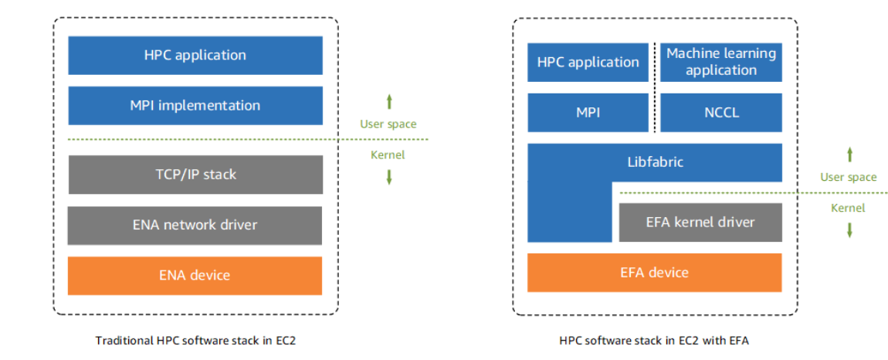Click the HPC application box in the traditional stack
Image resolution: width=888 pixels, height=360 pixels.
click(x=195, y=56)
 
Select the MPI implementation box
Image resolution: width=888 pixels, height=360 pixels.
click(x=195, y=106)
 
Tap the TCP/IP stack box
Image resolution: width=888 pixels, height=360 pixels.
click(x=195, y=175)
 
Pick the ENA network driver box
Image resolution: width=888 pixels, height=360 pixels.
click(x=195, y=225)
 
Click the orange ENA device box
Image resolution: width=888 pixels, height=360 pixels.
click(x=195, y=276)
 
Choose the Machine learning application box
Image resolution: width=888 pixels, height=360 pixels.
click(x=721, y=62)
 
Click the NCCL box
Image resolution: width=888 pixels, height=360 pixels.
click(x=721, y=113)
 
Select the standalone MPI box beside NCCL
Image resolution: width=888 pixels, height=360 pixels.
click(x=588, y=113)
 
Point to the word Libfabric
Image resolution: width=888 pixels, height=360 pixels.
click(x=655, y=162)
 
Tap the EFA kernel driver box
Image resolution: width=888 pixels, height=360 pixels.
click(x=700, y=222)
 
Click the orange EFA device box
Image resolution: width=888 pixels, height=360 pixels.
click(x=655, y=273)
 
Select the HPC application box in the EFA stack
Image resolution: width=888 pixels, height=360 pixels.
click(x=588, y=62)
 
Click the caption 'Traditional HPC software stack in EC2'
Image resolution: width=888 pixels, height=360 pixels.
click(x=195, y=340)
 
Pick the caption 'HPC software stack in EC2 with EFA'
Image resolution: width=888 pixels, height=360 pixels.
click(x=654, y=340)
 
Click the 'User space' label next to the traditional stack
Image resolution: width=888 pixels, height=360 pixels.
click(x=388, y=124)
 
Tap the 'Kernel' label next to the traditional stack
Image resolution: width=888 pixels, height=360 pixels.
click(x=388, y=155)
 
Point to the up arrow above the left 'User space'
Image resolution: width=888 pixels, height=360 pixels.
click(x=389, y=101)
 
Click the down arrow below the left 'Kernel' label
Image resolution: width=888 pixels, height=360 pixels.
click(x=389, y=177)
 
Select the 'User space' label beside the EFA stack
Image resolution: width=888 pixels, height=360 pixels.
click(x=849, y=177)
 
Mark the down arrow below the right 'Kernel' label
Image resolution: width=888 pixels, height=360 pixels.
click(x=850, y=229)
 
